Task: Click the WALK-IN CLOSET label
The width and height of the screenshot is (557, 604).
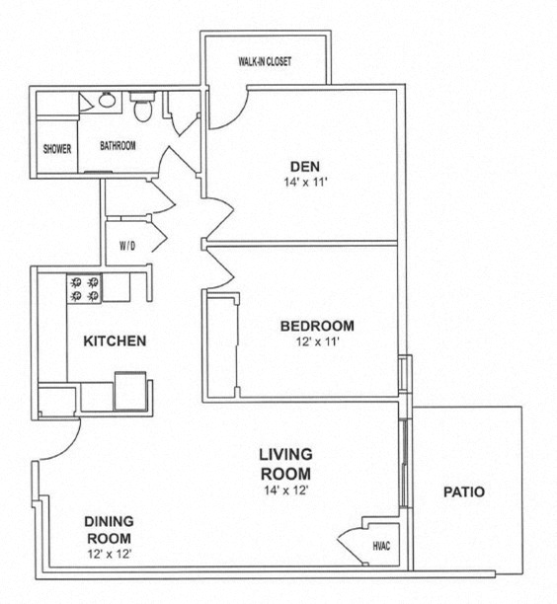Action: (x=265, y=61)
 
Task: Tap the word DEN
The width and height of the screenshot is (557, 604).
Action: (x=302, y=165)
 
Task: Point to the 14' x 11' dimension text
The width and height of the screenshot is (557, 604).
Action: (x=302, y=182)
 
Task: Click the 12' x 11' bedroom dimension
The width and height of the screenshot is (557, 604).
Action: (x=316, y=342)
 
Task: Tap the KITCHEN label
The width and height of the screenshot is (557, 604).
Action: (x=115, y=341)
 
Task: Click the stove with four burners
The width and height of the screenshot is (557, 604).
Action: (x=84, y=287)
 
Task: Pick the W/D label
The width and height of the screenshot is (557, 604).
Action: (x=127, y=245)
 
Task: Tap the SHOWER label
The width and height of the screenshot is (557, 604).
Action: (x=57, y=149)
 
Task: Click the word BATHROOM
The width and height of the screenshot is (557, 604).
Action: (x=118, y=146)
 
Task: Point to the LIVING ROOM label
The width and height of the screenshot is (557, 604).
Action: (x=286, y=463)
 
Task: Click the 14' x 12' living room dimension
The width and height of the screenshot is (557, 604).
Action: (x=285, y=491)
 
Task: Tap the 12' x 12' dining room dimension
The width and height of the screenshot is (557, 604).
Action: (x=109, y=554)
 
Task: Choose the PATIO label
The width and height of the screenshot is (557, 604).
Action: (x=464, y=491)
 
